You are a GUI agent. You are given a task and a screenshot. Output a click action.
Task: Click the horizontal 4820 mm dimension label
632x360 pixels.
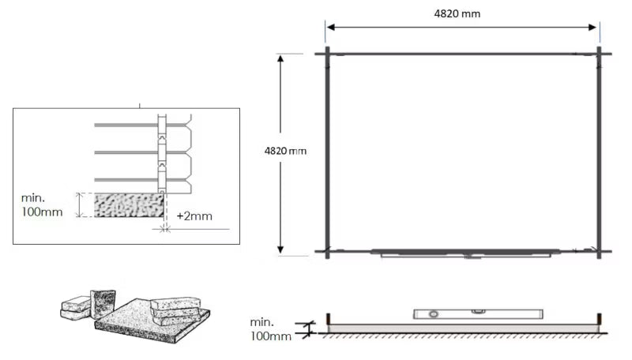[457, 13]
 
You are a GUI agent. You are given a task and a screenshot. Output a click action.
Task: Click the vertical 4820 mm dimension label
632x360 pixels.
[285, 151]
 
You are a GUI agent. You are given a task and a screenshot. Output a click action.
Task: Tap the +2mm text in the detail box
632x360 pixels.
[194, 216]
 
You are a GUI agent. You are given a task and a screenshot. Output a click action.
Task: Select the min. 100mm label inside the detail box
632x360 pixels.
[42, 205]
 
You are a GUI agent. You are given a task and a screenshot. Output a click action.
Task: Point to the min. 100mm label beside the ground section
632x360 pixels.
[270, 329]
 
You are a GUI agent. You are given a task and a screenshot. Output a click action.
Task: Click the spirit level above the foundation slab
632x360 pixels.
[478, 313]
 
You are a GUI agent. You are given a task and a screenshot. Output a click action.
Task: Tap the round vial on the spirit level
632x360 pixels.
[433, 314]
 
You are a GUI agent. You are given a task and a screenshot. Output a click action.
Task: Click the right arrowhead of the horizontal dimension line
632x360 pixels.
[592, 28]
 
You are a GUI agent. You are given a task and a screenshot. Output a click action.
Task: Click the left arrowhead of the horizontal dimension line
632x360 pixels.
[331, 28]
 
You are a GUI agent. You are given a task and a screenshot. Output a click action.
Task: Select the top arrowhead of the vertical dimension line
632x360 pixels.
[280, 58]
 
